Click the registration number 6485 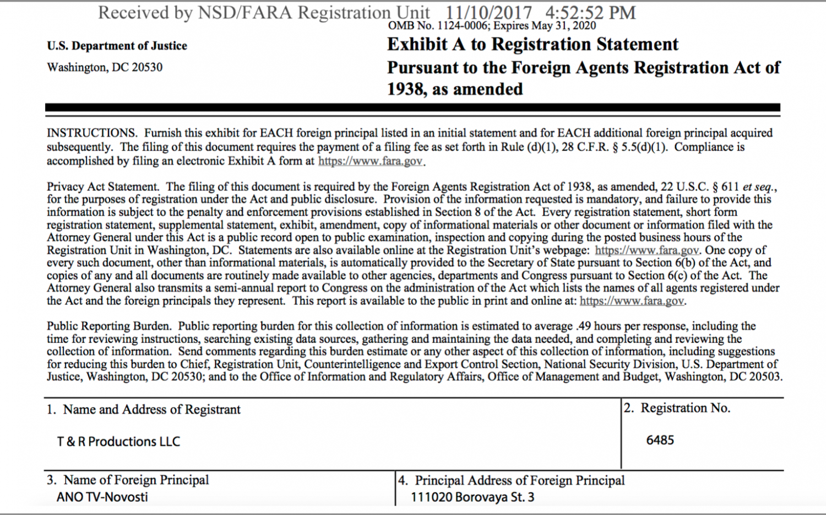point(660,440)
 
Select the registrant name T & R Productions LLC point(118,442)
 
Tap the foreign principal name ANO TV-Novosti point(102,497)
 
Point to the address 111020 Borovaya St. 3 point(472,497)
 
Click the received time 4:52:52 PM point(590,13)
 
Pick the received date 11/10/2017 point(489,13)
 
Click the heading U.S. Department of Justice point(117,46)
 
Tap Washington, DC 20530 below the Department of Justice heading point(105,67)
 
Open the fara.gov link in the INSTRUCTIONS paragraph point(371,161)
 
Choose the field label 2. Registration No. point(677,408)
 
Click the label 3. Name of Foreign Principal point(128,480)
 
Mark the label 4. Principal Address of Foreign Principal point(512,480)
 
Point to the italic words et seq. point(759,187)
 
